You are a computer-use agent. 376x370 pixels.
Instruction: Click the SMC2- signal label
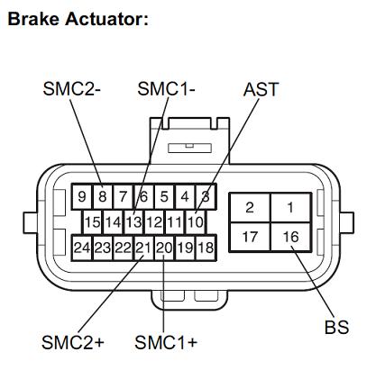click(72, 89)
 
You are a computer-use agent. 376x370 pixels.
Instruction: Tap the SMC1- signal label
click(166, 89)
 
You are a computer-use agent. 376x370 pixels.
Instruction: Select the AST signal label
click(261, 89)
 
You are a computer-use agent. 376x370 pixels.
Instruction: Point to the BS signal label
click(337, 327)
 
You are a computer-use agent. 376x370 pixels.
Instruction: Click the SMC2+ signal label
click(73, 342)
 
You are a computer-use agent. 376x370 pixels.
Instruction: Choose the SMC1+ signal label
click(166, 342)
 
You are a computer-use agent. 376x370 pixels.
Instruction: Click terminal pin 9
click(82, 196)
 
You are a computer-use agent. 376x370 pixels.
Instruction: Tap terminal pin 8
click(103, 196)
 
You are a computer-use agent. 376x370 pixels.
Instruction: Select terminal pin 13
click(133, 222)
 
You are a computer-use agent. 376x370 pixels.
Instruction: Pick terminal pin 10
click(196, 222)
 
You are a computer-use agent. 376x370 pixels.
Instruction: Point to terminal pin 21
click(143, 248)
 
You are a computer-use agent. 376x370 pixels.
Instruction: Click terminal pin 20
click(164, 248)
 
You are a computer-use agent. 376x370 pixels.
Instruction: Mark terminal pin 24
click(82, 248)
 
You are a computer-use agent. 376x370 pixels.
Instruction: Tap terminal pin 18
click(206, 248)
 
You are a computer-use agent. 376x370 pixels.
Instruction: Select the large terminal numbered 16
click(290, 237)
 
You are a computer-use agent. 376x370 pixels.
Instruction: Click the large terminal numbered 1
click(290, 207)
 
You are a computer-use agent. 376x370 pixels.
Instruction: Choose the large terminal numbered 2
click(250, 207)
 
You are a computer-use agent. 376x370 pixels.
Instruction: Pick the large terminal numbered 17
click(250, 237)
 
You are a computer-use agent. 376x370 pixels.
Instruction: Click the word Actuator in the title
click(106, 19)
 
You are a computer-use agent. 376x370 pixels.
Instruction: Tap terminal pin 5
click(164, 196)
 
